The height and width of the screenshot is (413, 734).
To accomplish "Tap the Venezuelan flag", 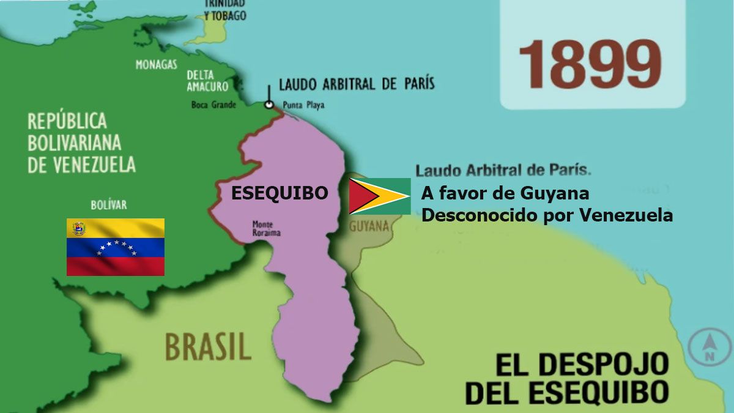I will [x=115, y=247].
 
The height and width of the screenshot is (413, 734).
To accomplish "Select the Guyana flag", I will [x=379, y=196].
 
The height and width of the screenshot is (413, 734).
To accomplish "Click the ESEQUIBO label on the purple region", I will [x=279, y=193].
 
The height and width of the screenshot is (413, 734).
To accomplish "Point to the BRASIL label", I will [x=207, y=346].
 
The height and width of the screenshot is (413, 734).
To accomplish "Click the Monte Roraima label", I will [x=262, y=228].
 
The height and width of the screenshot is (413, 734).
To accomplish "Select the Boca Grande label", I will [x=213, y=105].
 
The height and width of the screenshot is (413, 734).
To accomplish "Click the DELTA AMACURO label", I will [x=207, y=81].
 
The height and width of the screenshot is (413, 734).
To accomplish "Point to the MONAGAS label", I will [x=157, y=64].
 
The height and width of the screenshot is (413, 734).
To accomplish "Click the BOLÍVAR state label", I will [x=108, y=204].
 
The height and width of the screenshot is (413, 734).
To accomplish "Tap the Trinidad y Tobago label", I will [x=225, y=10].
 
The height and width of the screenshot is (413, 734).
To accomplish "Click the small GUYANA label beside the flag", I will [x=369, y=226].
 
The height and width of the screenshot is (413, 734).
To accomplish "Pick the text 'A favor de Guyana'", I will [x=505, y=193].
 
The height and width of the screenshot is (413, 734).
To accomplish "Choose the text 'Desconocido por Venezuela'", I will [x=547, y=215].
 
